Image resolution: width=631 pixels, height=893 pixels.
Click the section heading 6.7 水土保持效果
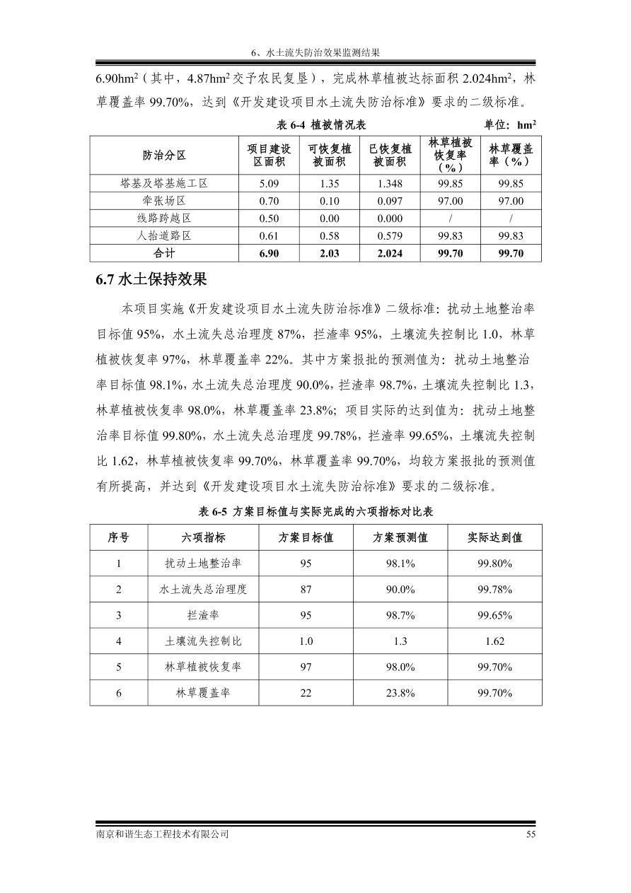151,280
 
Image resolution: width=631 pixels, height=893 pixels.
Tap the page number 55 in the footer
531,834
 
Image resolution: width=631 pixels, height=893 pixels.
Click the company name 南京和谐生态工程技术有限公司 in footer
163,834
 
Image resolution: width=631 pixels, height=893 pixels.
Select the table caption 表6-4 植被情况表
320,124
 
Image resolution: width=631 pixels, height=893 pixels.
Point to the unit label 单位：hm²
509,124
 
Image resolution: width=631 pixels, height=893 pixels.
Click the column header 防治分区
164,155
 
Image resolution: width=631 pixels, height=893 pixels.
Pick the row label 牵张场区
164,201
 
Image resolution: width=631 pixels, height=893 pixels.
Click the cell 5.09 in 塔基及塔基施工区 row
269,183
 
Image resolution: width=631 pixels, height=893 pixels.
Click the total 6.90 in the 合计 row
269,253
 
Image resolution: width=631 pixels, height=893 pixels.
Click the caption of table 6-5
315,512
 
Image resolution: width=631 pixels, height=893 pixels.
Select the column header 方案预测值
400,537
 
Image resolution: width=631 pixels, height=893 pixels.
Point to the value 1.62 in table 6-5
494,641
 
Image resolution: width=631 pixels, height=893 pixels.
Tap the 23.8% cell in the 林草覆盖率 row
400,693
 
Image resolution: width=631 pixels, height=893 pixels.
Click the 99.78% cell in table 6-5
494,589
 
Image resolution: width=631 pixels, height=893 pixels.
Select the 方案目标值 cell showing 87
306,589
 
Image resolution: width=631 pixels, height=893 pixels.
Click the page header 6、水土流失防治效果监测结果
315,52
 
